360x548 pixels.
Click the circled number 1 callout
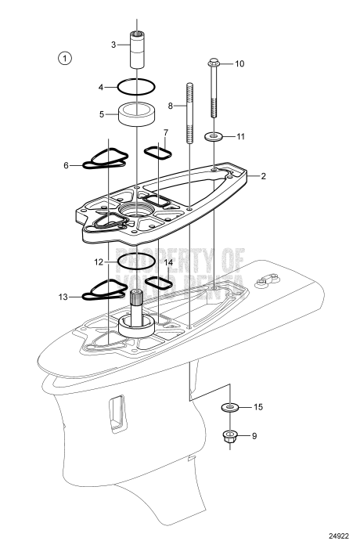(65, 57)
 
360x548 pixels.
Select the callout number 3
(113, 45)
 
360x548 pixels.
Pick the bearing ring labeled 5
(137, 114)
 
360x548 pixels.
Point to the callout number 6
(67, 165)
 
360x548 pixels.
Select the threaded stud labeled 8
(189, 110)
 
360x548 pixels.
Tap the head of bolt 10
(214, 62)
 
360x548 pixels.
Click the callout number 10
(239, 63)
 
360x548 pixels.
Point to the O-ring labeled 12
(136, 259)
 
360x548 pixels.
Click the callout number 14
(168, 262)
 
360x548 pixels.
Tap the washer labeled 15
(231, 408)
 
